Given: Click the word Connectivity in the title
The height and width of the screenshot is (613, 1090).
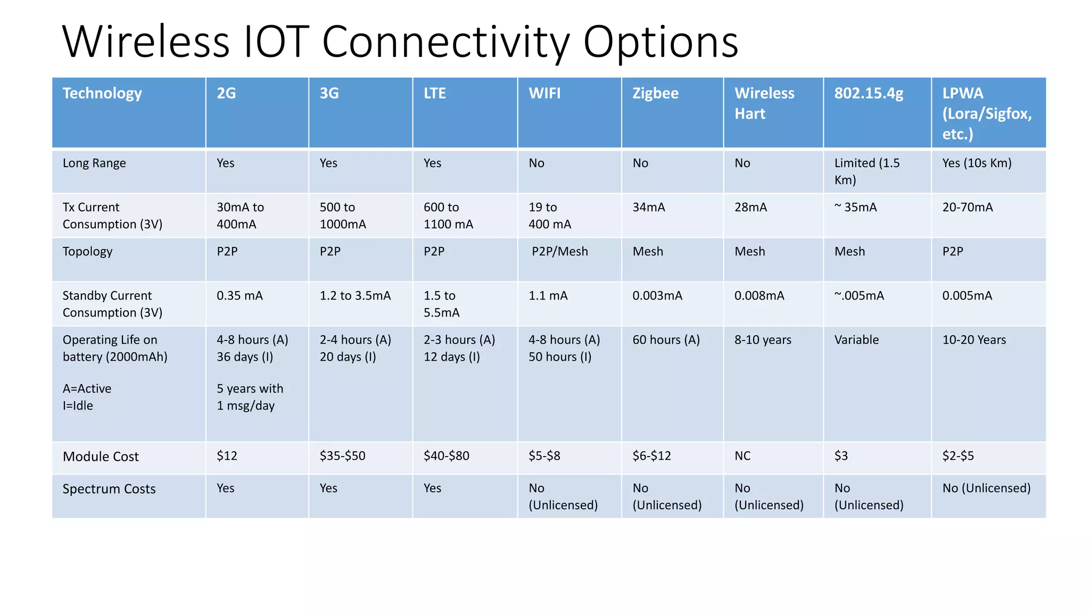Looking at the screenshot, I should (445, 43).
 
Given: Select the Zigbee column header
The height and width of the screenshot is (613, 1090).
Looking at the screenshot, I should (655, 94).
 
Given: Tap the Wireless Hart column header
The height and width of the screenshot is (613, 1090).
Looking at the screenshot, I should (764, 103).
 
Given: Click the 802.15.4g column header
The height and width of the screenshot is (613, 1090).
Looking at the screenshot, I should (869, 94).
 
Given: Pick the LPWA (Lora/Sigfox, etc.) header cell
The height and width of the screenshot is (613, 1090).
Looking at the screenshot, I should (987, 113).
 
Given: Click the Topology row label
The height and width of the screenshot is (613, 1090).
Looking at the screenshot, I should (87, 252).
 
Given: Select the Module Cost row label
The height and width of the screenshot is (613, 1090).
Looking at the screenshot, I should (101, 457).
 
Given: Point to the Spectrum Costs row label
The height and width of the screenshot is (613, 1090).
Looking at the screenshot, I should (109, 489).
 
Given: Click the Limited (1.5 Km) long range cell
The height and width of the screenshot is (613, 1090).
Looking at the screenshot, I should (866, 171).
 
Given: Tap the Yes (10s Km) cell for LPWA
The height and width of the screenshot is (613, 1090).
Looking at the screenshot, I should (977, 163).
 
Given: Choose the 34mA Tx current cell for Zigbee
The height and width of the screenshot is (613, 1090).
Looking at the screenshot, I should (649, 208).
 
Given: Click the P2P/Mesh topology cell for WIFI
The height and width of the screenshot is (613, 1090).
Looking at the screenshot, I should (559, 252).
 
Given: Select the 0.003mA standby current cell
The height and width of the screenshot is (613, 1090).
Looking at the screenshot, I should (657, 296).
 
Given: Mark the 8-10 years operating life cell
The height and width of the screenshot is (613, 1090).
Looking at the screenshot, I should (763, 340).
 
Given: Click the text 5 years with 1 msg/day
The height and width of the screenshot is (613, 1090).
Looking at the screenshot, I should (250, 397).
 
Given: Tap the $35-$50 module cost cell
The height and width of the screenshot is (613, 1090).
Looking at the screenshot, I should (342, 456).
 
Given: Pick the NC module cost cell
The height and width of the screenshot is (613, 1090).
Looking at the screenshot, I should (742, 456).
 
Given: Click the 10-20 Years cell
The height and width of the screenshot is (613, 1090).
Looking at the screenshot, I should (974, 340).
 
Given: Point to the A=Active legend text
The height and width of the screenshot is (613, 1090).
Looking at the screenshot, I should (87, 389).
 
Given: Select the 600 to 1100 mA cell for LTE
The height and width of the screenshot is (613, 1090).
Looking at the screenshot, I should (448, 216).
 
